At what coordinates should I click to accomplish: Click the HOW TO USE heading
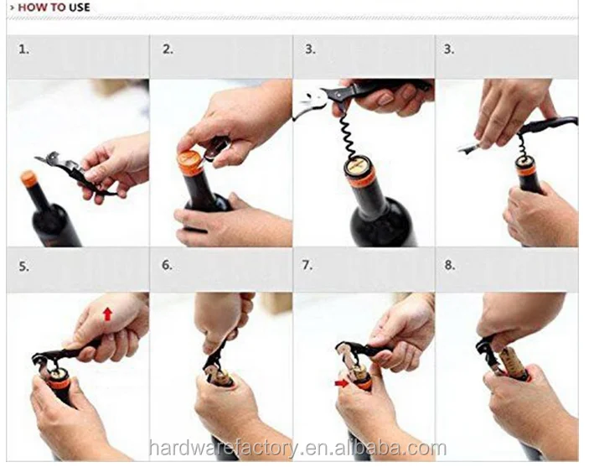tap(49, 8)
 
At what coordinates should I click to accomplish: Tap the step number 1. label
tap(23, 49)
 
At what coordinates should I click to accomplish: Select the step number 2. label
tap(168, 49)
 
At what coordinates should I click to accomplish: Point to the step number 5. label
tap(23, 267)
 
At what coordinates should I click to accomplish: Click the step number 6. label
tap(168, 267)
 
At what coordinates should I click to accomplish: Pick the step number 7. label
tap(307, 267)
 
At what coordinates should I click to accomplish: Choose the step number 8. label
tap(450, 267)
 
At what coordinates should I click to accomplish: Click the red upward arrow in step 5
tap(107, 314)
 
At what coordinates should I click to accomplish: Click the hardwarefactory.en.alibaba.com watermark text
tap(297, 448)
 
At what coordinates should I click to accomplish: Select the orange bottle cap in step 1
tap(29, 178)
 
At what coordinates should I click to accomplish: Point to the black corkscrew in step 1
tap(71, 172)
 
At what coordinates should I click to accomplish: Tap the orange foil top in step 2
tap(190, 162)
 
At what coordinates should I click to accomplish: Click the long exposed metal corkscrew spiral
tap(349, 134)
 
